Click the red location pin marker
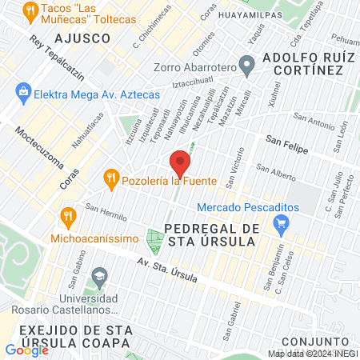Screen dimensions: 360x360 pos(180,163)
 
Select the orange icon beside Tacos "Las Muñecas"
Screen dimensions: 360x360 pos(31,11)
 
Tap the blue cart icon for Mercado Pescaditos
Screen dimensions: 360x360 pos(280,226)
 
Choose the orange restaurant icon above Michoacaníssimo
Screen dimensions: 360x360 pos(68,215)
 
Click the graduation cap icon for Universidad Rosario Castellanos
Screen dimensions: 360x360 pos(99,277)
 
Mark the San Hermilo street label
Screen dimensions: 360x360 pos(106,214)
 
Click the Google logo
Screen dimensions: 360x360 pos(26,350)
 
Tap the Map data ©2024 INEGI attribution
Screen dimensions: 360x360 pos(312,354)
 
